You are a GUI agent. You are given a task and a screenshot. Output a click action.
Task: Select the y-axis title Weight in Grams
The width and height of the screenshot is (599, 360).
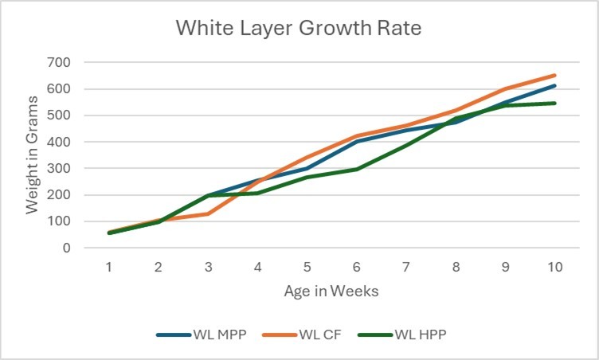pos(32,155)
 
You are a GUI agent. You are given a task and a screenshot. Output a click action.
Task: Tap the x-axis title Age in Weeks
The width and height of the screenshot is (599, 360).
pos(331,291)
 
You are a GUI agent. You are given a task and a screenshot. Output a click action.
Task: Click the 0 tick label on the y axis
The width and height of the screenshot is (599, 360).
pos(67,248)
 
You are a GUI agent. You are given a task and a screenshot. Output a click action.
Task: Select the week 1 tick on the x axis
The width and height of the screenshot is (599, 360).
pos(109,267)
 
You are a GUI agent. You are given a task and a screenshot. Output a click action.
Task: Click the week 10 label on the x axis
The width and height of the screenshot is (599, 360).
pos(554,267)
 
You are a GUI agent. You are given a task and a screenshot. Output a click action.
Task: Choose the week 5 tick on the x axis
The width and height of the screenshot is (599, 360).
pos(307,267)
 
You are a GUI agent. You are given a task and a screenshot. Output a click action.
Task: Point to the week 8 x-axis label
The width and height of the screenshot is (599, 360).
pos(456,267)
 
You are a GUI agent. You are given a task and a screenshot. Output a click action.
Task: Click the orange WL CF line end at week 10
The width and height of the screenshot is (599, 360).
pos(554,76)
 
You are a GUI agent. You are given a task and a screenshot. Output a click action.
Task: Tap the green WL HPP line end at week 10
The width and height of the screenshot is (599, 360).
pos(554,103)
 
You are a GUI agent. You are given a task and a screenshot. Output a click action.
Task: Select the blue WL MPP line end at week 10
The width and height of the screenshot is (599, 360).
pos(554,86)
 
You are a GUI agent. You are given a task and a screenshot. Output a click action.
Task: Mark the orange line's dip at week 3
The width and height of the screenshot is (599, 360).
pos(208,213)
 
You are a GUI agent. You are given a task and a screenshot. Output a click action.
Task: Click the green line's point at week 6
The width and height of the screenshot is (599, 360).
pos(356,169)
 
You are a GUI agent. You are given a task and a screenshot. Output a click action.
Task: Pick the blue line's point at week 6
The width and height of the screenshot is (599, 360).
pos(356,142)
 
